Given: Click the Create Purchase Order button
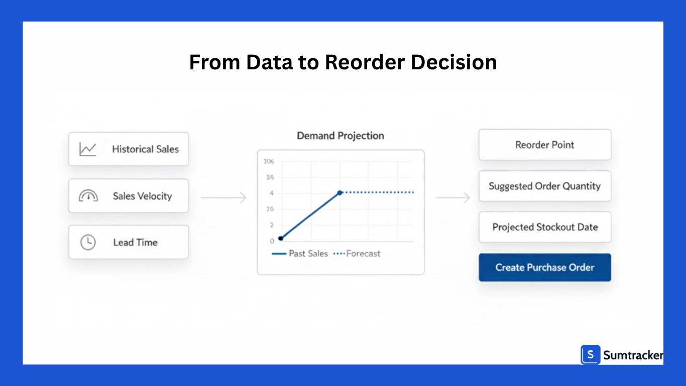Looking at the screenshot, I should pos(544,267).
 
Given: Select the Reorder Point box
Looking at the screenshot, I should pos(544,145).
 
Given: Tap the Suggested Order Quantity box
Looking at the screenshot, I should pos(544,186).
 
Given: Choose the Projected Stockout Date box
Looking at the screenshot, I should pos(544,227).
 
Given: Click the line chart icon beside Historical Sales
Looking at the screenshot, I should pos(87,149).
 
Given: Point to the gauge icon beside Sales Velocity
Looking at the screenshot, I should pos(88,196).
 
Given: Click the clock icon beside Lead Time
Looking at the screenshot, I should pos(88,242).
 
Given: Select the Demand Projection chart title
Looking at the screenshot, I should pos(340,136).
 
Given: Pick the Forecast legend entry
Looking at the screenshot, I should pos(357,254).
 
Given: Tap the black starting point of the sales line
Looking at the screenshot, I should pos(280,238).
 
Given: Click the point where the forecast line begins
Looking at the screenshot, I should pos(340,192).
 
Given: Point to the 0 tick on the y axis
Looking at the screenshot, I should pos(272,241).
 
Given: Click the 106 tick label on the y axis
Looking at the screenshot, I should pos(269,161).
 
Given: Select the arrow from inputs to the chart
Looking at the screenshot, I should pos(223,198).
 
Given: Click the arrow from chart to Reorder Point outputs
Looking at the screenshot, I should pos(452,198).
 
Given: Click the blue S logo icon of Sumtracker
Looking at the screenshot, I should pos(591,355).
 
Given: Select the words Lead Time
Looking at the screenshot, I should pos(135,242).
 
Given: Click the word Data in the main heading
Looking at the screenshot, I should pos(271,62).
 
